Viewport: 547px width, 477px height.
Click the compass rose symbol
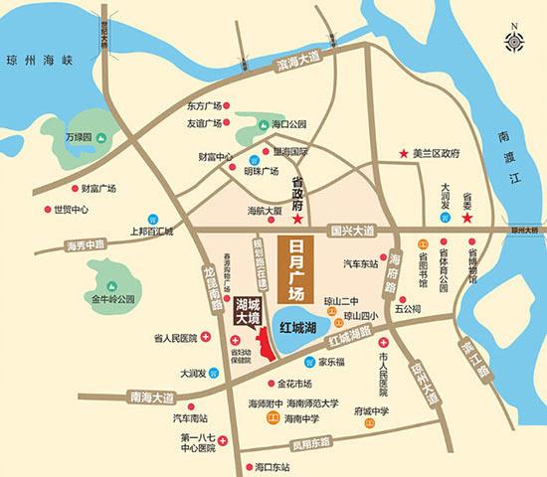click(516, 41)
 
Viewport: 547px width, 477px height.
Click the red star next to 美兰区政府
click(403, 155)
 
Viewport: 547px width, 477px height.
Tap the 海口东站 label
click(272, 466)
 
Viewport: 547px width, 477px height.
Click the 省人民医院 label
click(171, 339)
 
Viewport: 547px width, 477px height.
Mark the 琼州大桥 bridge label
click(526, 231)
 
